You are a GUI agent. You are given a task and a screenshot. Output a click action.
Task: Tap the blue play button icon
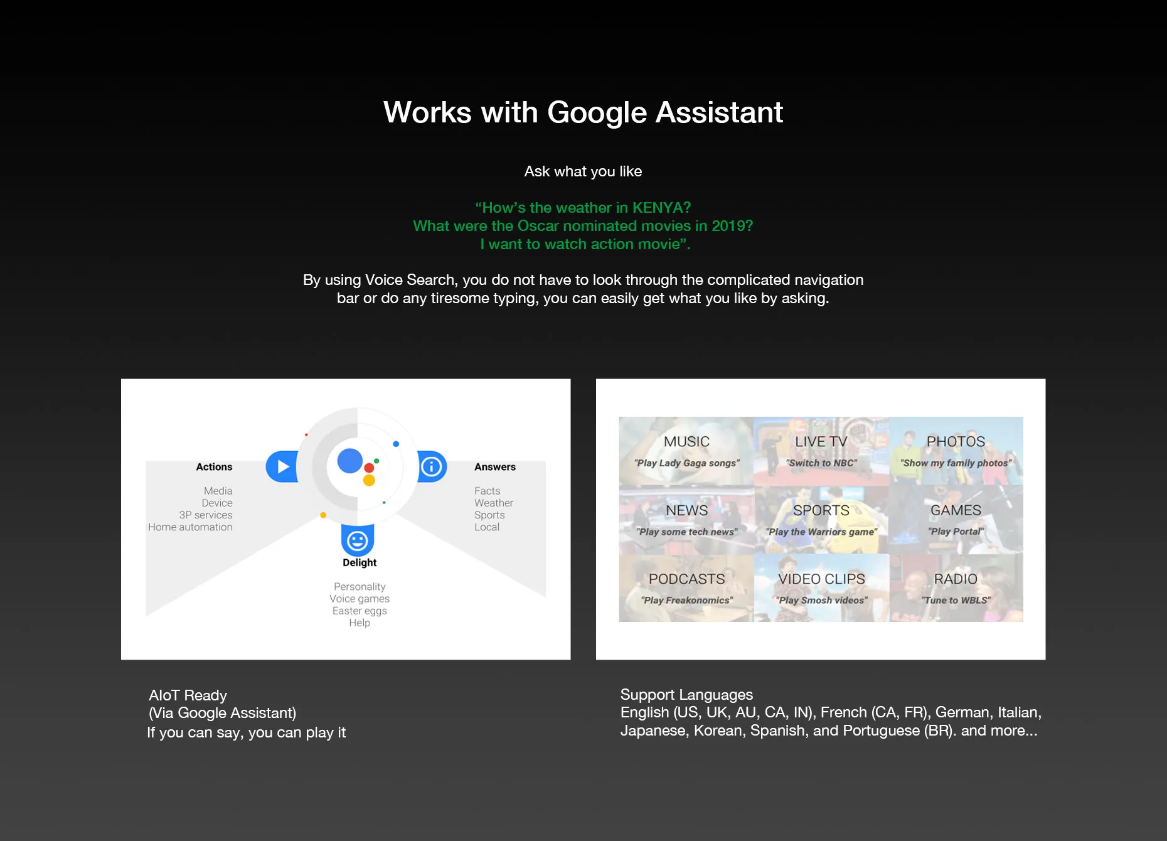[x=282, y=466]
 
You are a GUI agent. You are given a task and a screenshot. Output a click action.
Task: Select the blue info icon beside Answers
[x=432, y=466]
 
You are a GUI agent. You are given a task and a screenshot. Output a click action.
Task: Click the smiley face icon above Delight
[x=358, y=540]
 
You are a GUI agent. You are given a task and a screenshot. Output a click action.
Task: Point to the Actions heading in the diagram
[x=214, y=467]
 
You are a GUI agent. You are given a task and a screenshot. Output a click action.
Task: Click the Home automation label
[x=190, y=527]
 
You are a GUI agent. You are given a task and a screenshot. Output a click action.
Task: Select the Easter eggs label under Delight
[x=360, y=611]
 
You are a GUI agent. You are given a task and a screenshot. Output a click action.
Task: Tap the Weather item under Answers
[x=494, y=503]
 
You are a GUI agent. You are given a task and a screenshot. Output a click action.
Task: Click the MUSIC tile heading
[x=686, y=442]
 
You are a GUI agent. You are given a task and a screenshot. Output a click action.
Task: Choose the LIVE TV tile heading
[x=821, y=442]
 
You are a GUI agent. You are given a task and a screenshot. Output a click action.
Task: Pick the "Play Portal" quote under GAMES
[x=956, y=532]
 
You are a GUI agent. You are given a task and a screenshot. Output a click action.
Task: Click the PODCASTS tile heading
[x=686, y=579]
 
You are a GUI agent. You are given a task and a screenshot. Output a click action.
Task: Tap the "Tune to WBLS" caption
[x=956, y=601]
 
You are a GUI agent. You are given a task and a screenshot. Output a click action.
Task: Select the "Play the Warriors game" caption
[x=821, y=532]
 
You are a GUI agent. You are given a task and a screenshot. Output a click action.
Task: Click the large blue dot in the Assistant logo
[x=350, y=461]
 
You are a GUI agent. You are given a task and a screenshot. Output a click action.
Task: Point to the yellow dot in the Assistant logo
[x=369, y=480]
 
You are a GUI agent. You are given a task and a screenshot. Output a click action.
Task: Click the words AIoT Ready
[x=188, y=695]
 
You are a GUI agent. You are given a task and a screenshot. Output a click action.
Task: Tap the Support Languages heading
[x=686, y=695]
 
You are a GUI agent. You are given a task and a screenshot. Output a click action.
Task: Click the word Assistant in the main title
[x=719, y=113]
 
